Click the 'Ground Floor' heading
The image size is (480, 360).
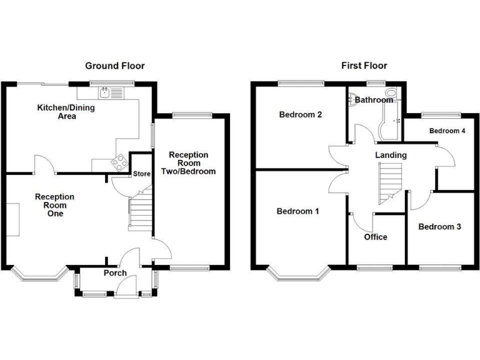point(114,66)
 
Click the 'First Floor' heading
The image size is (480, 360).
point(364,66)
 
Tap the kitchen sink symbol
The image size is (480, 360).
point(107,93)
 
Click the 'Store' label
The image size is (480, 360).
point(141,174)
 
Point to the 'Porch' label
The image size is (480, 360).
point(115,273)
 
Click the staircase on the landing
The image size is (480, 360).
point(389,182)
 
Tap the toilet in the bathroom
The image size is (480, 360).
point(391,94)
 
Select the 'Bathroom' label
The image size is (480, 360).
point(374,100)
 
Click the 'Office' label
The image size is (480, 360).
point(375,237)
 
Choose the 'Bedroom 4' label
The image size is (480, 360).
point(447,131)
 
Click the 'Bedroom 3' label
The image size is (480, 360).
point(439,226)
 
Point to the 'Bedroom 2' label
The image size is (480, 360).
point(301,115)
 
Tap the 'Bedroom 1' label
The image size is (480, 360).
point(298,212)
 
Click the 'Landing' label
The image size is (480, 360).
point(391,155)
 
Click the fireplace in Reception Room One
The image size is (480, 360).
point(13,219)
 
